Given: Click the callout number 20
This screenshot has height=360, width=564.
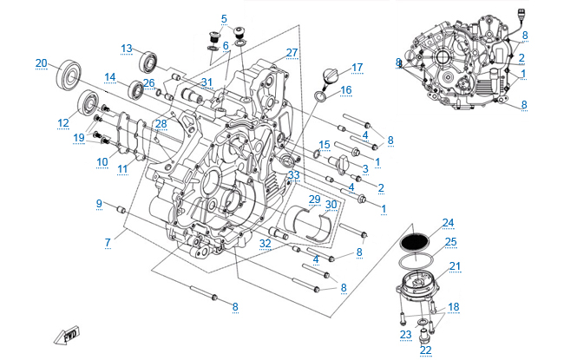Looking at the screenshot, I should (x=41, y=62).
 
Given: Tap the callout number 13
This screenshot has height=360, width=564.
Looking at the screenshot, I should (x=127, y=48).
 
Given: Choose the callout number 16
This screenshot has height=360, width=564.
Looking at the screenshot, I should (x=345, y=90).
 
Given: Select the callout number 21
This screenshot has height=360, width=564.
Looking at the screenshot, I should (x=456, y=266).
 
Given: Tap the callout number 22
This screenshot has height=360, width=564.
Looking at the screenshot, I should (x=425, y=350).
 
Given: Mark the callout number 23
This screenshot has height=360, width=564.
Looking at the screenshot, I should (x=404, y=334).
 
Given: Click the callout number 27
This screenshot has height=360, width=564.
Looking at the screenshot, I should (x=292, y=53).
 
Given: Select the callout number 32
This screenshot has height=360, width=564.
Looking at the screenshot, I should (x=265, y=245).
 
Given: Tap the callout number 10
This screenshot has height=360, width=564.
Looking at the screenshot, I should (x=102, y=161).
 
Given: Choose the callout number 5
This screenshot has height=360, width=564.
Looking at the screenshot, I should (x=223, y=18).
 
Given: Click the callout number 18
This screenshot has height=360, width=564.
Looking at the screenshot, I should (x=455, y=308).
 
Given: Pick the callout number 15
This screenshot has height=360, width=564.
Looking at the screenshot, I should (x=324, y=144).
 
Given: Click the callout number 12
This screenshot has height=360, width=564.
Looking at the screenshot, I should (x=63, y=123).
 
